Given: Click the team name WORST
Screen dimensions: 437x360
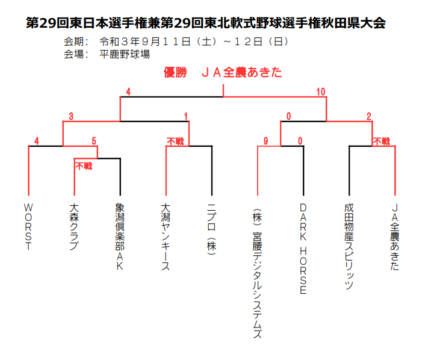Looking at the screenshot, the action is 28,226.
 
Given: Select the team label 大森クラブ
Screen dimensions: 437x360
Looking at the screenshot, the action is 74,226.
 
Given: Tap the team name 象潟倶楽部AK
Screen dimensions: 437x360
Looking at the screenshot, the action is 120,237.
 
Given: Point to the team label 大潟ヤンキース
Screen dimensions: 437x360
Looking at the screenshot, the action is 166,237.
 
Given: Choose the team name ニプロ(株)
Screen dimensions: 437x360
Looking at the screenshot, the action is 211,229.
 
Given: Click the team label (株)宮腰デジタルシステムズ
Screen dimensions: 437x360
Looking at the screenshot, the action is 257,273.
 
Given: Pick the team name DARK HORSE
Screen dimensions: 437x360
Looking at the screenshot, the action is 303,249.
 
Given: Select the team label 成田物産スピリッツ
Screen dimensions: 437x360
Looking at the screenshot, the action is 349,246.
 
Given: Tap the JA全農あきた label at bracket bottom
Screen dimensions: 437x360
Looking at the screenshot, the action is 395,237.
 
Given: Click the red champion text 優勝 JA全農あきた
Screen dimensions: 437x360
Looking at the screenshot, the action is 223,72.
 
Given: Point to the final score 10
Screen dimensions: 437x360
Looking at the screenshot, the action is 321,92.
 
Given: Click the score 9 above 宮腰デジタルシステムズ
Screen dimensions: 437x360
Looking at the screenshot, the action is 265,141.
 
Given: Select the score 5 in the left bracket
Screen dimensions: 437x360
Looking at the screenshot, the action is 94,141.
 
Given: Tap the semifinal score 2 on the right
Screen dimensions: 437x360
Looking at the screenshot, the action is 369,116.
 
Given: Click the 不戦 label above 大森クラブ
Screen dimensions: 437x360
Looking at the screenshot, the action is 84,166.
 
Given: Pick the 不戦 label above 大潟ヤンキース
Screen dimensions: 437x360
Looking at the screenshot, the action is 175,141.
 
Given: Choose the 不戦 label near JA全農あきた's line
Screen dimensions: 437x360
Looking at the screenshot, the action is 382,141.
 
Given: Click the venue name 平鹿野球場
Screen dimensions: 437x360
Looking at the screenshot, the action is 125,54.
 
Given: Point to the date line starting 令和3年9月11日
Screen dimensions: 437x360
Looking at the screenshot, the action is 194,42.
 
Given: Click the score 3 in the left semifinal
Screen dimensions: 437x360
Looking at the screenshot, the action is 71,116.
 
